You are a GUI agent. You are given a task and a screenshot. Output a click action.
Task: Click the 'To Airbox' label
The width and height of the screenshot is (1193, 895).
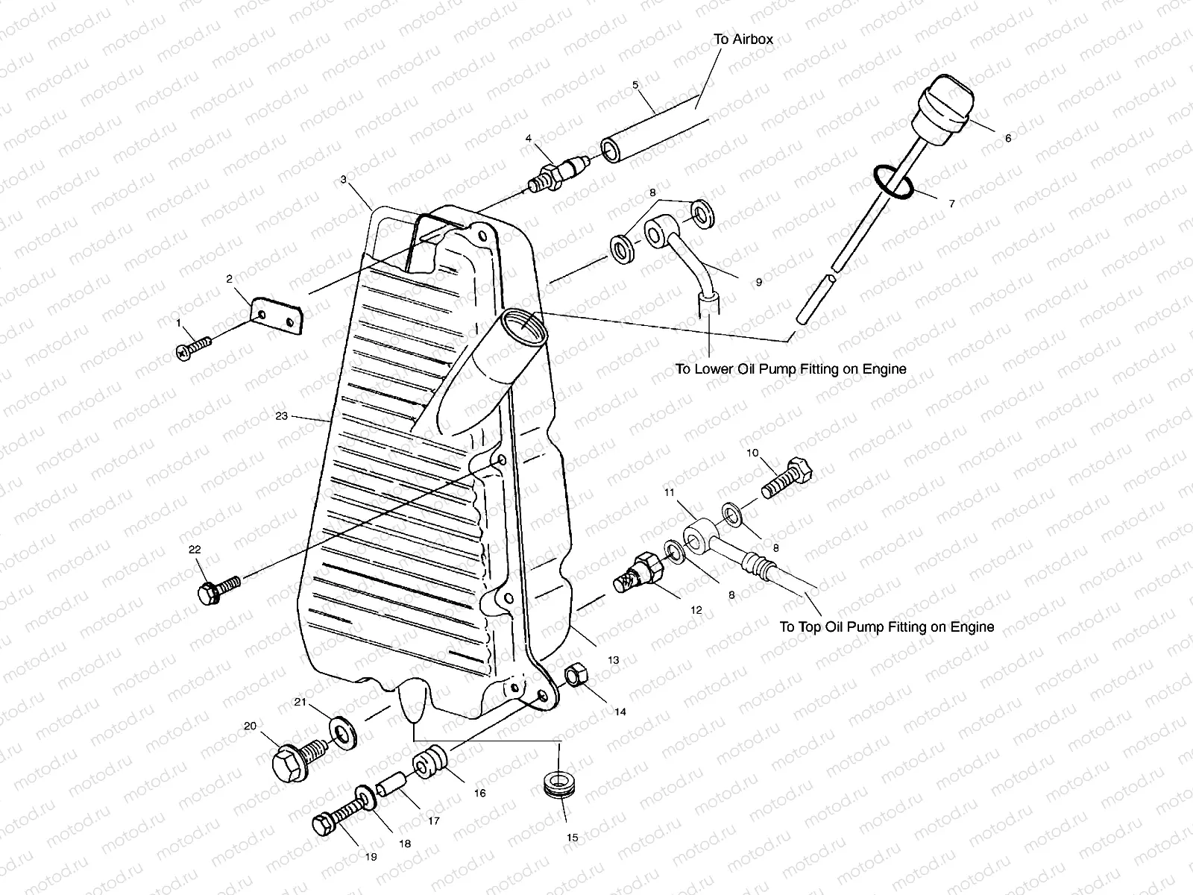pos(743,40)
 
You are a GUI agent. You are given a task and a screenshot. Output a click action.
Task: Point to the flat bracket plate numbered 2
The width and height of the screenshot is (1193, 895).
pos(277,317)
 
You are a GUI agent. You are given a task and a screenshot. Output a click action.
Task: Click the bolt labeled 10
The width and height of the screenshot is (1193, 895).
pos(787,477)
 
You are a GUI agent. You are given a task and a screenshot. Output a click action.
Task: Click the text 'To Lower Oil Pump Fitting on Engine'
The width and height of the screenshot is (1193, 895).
pos(790,368)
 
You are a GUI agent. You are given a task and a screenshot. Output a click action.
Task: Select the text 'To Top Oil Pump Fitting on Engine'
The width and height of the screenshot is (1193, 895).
pos(886,626)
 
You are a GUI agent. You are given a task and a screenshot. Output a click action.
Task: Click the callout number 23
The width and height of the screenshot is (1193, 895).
pos(281,417)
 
